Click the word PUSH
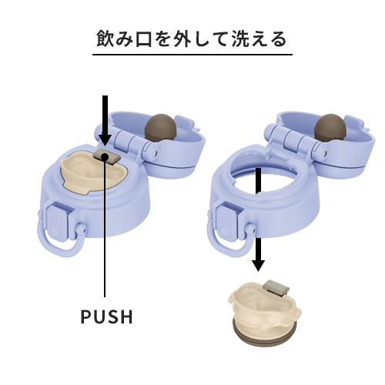pos(106,316)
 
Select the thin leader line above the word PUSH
pos(105,231)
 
